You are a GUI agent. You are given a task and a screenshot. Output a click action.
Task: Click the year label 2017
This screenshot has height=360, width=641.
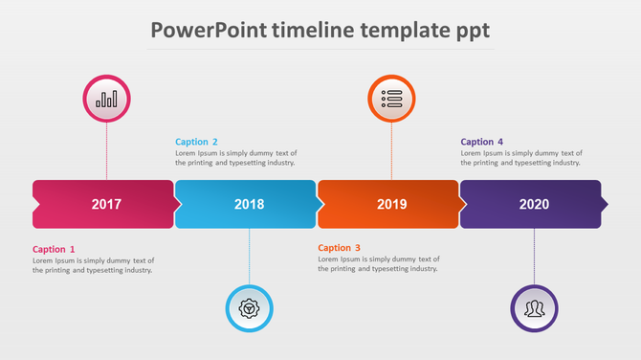click(106, 204)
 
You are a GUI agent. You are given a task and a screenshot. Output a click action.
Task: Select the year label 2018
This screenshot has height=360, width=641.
click(249, 204)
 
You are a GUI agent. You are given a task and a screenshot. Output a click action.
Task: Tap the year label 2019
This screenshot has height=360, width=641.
click(391, 204)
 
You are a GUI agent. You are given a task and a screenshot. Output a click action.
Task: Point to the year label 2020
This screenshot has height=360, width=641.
click(534, 204)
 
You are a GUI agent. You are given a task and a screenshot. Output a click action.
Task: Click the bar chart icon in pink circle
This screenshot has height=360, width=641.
click(106, 99)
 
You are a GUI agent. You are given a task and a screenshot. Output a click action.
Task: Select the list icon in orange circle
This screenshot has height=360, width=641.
click(391, 99)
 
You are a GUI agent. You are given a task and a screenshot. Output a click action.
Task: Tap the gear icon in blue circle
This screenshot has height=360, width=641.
click(249, 308)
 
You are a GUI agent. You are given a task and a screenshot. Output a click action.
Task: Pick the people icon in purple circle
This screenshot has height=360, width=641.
click(534, 308)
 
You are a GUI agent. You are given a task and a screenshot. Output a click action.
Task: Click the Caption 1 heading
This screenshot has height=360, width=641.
click(54, 249)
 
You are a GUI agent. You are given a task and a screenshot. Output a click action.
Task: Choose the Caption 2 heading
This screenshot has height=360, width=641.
click(196, 142)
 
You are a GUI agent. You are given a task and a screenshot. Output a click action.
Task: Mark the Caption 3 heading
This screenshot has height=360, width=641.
click(339, 248)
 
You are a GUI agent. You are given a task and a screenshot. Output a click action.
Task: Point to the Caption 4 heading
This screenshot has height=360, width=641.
click(481, 142)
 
